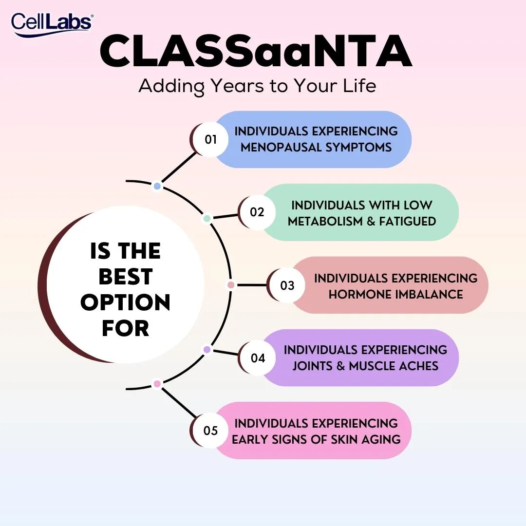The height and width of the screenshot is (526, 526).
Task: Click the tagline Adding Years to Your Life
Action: click(257, 86)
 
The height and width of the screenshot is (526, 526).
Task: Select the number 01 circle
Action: click(211, 139)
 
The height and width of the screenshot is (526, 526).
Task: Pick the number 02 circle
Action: click(257, 212)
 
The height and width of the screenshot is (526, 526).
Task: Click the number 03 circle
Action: click(287, 285)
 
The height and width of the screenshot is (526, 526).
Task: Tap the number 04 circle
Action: click(258, 358)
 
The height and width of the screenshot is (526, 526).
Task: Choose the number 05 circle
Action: click(211, 431)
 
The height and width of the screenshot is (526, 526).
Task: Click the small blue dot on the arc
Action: click(157, 186)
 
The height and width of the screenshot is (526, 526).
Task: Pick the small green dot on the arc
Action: click(207, 219)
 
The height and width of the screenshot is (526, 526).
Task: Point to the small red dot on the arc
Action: click(231, 285)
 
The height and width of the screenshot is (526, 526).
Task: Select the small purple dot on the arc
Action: click(207, 350)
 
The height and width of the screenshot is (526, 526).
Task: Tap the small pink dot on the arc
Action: click(157, 384)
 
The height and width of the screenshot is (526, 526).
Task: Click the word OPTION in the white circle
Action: click(126, 302)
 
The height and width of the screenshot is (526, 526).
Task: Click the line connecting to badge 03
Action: click(252, 285)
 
